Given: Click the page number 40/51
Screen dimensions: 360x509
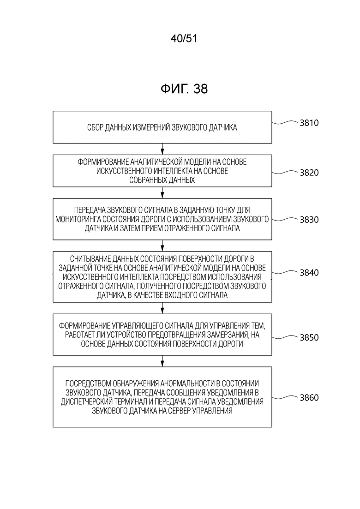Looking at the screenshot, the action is click(184, 39).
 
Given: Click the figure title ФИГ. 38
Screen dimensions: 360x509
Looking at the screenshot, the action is click(184, 89).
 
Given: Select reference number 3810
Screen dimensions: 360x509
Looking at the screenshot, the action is click(309, 123).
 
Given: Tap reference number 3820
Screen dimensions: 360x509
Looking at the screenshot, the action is click(309, 173).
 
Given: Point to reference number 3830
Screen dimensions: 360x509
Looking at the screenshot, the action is click(309, 220).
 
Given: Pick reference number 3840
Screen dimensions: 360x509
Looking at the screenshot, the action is click(309, 273).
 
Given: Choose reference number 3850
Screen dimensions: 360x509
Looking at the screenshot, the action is click(309, 338).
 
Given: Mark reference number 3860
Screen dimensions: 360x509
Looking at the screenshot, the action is click(309, 398).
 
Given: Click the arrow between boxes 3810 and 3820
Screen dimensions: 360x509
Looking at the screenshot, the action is click(162, 149).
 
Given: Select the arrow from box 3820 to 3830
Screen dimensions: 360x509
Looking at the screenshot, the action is click(162, 193).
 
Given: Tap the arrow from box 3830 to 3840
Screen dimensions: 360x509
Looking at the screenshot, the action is click(162, 246).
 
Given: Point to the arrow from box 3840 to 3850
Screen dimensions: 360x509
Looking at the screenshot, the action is click(162, 308).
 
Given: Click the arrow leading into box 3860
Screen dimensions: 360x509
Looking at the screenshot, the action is click(162, 361).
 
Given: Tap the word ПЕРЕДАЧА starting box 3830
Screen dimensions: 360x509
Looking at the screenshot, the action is click(89, 210).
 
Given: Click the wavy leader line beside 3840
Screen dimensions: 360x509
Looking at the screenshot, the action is click(285, 272).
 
